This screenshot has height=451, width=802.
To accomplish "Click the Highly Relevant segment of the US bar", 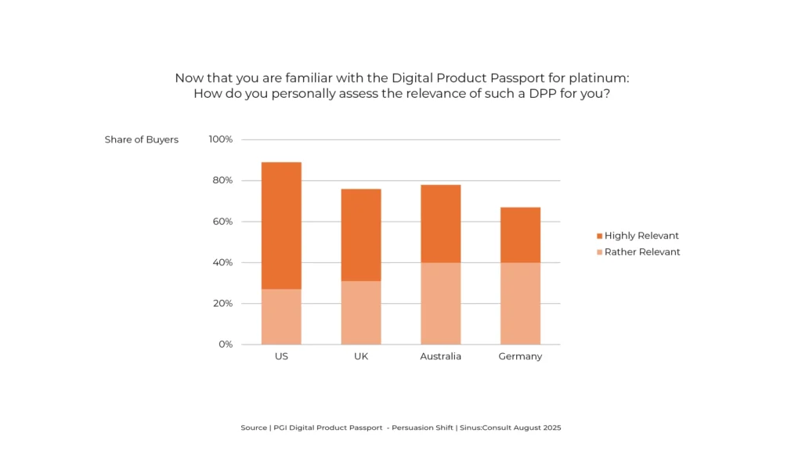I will coord(281,225).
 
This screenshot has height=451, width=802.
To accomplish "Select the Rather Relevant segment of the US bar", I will coord(281,316).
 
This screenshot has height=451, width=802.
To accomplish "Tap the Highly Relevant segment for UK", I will coord(361,235).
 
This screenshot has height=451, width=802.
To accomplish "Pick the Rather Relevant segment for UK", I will coord(361,312).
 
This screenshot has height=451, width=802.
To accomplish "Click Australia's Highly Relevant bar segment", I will coord(441,223).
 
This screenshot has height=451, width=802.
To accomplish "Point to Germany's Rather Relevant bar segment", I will coord(520,303).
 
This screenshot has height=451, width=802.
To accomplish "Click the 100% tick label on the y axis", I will coord(220,139).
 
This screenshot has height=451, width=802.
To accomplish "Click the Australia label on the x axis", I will coord(440,356).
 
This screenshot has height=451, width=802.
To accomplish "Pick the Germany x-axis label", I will coord(520,356).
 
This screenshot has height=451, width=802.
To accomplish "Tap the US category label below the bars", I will coord(281,356).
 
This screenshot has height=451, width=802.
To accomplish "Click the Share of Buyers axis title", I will coord(142,140).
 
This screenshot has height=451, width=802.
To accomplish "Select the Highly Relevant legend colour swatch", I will coord(599,236).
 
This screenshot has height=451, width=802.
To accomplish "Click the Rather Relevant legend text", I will coord(642,252).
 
